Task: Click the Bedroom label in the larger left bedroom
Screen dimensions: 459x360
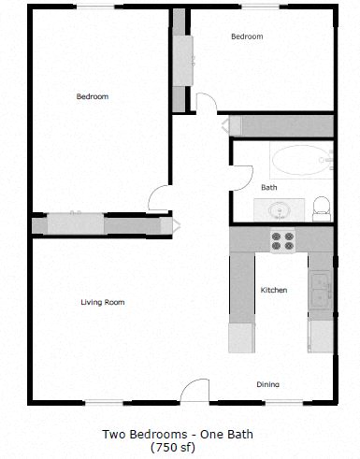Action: click(93, 96)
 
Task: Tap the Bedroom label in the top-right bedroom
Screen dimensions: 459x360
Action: click(247, 36)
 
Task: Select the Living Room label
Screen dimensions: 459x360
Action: click(102, 302)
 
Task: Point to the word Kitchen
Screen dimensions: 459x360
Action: click(273, 290)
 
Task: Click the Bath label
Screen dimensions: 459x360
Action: click(268, 187)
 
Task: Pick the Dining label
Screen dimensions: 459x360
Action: click(268, 384)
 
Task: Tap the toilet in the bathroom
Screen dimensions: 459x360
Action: click(321, 208)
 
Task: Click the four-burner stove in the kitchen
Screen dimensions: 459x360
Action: click(282, 240)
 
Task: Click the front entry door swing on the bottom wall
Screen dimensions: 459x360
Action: click(195, 391)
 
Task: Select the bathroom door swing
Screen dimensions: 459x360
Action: click(242, 178)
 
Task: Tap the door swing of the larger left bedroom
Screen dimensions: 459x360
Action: click(159, 197)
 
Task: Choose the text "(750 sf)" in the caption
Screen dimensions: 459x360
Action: click(180, 447)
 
